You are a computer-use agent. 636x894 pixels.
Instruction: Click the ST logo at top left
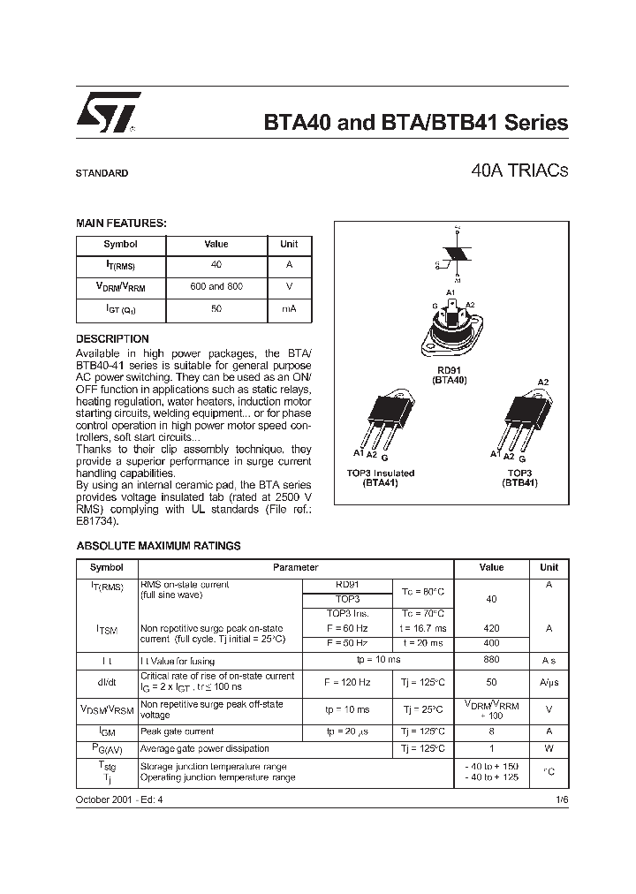pyautogui.click(x=105, y=115)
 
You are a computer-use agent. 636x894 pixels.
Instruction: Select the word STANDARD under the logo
pyautogui.click(x=102, y=173)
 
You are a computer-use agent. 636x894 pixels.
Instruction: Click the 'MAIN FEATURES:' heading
pyautogui.click(x=121, y=224)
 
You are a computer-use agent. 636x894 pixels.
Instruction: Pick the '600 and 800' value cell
pyautogui.click(x=216, y=287)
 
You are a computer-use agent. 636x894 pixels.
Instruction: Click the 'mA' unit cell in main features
pyautogui.click(x=289, y=309)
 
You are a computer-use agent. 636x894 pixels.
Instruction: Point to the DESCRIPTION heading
pyautogui.click(x=112, y=339)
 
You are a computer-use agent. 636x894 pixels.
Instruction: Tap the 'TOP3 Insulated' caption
pyautogui.click(x=381, y=474)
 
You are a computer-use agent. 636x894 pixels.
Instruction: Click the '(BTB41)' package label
pyautogui.click(x=520, y=483)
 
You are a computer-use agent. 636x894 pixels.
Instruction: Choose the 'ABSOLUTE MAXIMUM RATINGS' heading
pyautogui.click(x=158, y=546)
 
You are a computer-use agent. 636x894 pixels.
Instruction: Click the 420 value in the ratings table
pyautogui.click(x=491, y=628)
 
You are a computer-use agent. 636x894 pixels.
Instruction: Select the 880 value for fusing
pyautogui.click(x=491, y=659)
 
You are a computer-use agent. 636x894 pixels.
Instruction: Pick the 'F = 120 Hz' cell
pyautogui.click(x=347, y=682)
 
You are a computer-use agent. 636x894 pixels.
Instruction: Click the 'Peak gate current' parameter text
pyautogui.click(x=177, y=731)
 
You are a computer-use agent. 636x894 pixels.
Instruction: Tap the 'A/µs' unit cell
pyautogui.click(x=549, y=682)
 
